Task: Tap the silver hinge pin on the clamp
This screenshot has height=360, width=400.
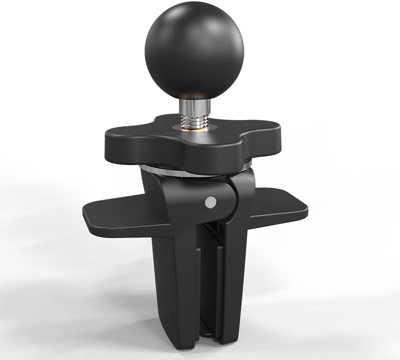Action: (211, 201)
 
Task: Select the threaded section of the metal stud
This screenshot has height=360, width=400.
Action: (193, 119)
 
